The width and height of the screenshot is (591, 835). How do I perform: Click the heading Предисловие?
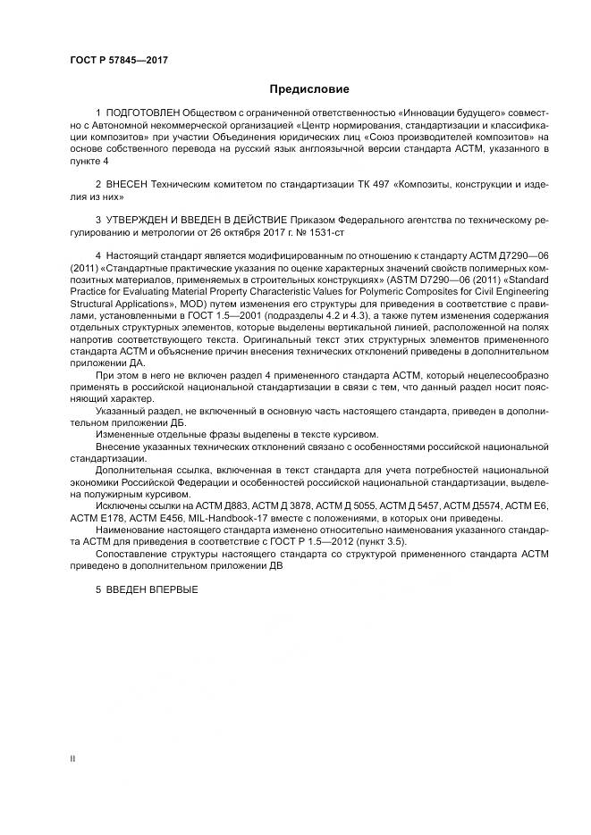coord(308,89)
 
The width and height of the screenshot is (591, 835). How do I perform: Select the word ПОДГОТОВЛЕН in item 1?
coord(142,116)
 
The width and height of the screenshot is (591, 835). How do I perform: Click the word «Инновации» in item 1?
coord(405,116)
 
